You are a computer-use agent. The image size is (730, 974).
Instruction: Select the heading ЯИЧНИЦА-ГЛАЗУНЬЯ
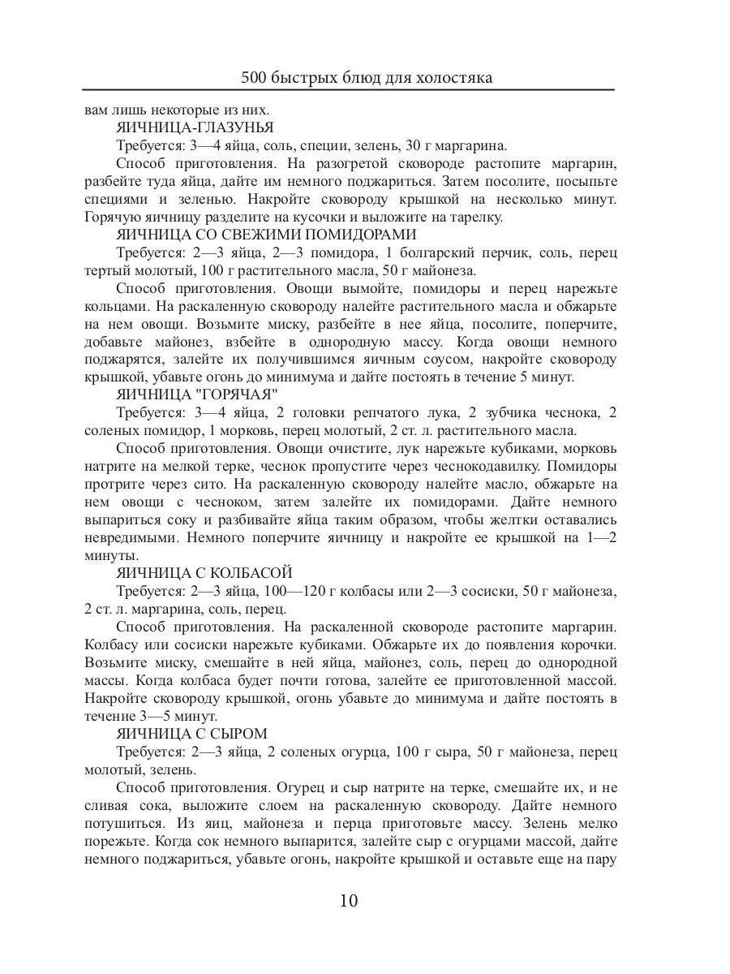point(195,127)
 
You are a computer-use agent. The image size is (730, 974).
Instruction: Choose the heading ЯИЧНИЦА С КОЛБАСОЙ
point(204,573)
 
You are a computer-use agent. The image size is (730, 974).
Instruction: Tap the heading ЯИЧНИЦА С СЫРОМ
point(191,734)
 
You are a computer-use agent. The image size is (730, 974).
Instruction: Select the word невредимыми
point(129,538)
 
